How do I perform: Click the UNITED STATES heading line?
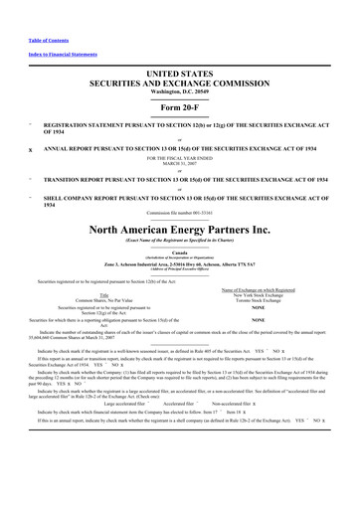[180, 75]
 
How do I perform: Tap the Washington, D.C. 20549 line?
[180, 92]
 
